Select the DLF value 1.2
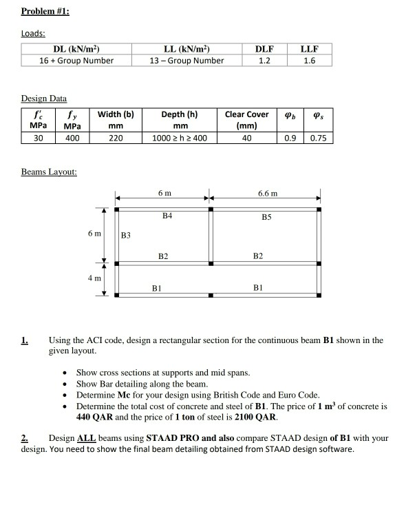coord(264,60)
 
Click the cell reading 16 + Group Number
coord(76,60)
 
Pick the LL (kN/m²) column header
coord(186,48)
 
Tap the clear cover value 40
coord(247,138)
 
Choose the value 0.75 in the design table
coord(317,138)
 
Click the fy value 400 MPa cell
coord(72,138)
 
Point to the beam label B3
coord(125,235)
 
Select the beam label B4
coord(166,216)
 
